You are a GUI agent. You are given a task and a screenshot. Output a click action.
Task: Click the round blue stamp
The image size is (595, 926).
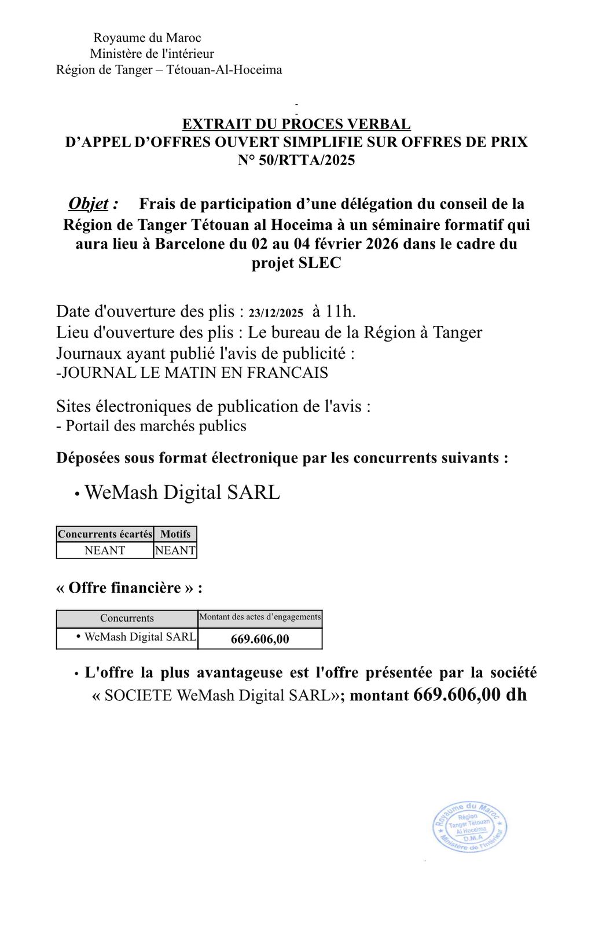click(469, 827)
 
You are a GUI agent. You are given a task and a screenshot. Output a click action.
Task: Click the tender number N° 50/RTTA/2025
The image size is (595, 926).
click(296, 160)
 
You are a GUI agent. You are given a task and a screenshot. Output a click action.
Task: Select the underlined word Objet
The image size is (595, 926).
click(89, 204)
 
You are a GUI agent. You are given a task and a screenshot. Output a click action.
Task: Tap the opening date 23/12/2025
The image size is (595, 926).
click(276, 313)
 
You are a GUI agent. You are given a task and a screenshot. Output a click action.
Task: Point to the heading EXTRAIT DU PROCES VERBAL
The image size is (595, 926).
click(296, 124)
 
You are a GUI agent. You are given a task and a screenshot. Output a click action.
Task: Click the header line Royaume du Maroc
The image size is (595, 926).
click(147, 38)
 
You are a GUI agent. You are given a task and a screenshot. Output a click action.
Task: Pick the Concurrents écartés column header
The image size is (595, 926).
click(105, 534)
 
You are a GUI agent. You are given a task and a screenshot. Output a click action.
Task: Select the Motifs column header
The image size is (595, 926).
click(175, 534)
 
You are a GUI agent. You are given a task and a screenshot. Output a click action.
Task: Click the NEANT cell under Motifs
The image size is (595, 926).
click(175, 550)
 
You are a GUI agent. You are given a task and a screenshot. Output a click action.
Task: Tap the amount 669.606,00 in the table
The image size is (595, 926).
click(260, 639)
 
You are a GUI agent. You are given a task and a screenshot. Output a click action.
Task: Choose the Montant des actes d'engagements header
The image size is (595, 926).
click(260, 617)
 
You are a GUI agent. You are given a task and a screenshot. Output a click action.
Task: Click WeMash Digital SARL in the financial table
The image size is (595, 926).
click(139, 637)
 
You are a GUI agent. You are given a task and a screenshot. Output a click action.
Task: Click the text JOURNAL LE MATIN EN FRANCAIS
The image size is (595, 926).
click(192, 373)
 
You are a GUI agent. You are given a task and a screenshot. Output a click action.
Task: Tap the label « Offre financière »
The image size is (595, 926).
click(129, 588)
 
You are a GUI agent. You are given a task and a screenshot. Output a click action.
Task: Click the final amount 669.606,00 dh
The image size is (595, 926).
click(470, 694)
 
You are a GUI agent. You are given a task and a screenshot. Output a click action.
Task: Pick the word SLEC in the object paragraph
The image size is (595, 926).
click(319, 263)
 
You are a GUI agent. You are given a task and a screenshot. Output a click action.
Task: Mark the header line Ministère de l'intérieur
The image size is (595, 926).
click(152, 54)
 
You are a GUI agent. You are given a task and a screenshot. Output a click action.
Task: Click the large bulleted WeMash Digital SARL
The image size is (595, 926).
click(182, 493)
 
